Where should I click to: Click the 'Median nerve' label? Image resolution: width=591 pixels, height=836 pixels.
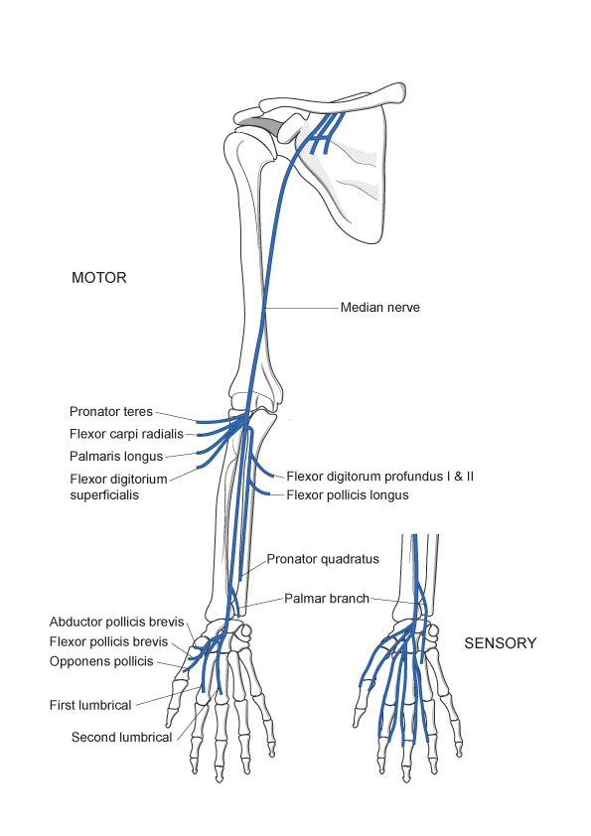[379, 307]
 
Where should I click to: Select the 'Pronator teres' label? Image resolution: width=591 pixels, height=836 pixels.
[111, 412]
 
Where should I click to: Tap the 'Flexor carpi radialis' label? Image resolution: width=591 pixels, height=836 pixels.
[126, 434]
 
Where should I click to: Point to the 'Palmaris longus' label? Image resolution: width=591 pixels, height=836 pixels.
[116, 457]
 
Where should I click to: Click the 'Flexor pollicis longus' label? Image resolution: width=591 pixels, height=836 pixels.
[348, 495]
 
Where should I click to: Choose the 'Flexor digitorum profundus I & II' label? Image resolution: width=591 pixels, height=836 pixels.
[379, 477]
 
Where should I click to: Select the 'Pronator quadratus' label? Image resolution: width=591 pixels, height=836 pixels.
[323, 559]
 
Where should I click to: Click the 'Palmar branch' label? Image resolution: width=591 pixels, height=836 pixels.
[327, 599]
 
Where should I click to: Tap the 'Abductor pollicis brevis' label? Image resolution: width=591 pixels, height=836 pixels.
[117, 622]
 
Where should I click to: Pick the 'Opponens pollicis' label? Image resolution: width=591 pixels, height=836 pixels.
[101, 661]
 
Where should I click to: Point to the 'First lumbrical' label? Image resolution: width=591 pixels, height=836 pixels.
[90, 705]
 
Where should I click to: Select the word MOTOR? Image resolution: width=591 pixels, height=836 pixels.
[99, 278]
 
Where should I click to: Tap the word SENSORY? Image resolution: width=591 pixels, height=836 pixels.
[501, 643]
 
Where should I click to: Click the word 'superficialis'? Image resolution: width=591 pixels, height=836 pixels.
[104, 495]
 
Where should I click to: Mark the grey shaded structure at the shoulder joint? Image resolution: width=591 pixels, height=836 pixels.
[261, 126]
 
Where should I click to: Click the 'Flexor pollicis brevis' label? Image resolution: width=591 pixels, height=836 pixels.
[109, 641]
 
